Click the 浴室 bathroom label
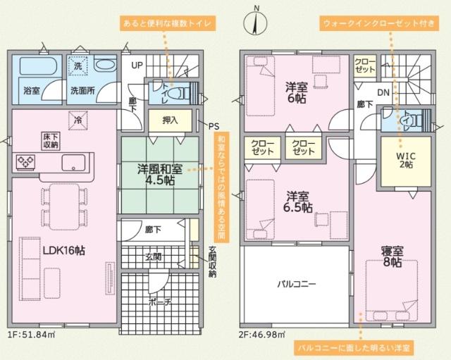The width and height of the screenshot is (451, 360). [31, 91]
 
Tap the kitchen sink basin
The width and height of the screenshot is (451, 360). [73, 163]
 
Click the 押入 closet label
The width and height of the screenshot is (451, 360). [171, 120]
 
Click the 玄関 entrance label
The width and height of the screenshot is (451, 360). [154, 256]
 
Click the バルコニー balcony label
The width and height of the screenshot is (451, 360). [295, 284]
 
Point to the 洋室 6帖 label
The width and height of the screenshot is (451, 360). [296, 93]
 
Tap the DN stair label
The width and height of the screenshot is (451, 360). [383, 92]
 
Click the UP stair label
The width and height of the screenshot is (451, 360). [136, 66]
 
